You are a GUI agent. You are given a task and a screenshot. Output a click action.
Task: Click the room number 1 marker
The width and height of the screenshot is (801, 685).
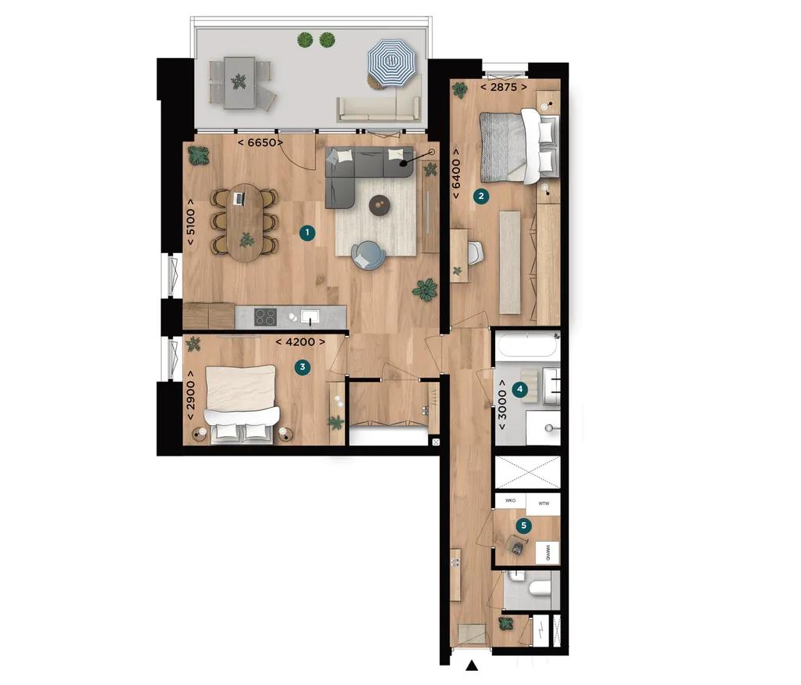[309, 233]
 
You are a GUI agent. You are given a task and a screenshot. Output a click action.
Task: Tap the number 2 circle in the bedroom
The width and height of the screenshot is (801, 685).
[482, 196]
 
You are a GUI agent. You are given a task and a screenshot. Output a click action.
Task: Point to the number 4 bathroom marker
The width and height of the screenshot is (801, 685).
[519, 388]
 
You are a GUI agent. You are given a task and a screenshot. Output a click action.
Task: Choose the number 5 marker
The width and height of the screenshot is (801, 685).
[524, 526]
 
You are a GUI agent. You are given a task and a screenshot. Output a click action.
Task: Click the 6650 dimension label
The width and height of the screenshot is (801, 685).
[260, 143]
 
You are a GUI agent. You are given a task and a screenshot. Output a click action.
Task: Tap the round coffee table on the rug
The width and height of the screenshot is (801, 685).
[379, 204]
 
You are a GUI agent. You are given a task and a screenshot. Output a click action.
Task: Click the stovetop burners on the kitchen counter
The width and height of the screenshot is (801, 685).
[265, 316]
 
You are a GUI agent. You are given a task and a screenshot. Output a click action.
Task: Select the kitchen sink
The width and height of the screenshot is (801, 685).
[311, 316]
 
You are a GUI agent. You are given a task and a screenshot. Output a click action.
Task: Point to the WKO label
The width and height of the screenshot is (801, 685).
[511, 500]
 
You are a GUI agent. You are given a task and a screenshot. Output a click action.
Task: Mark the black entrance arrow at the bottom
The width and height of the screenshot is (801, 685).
[472, 666]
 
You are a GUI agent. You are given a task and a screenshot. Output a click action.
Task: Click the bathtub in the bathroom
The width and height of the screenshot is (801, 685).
[527, 345]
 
